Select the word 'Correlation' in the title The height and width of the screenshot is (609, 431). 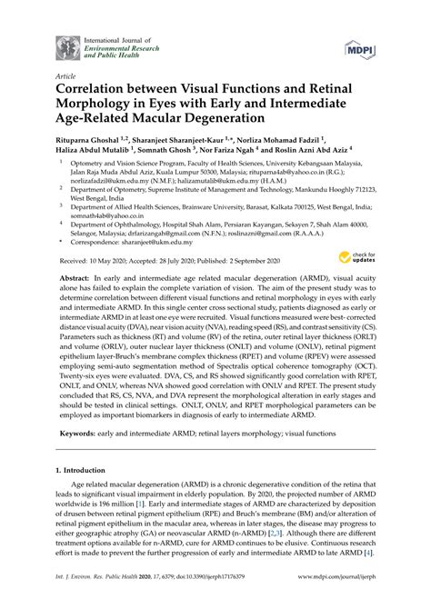point(99,92)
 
